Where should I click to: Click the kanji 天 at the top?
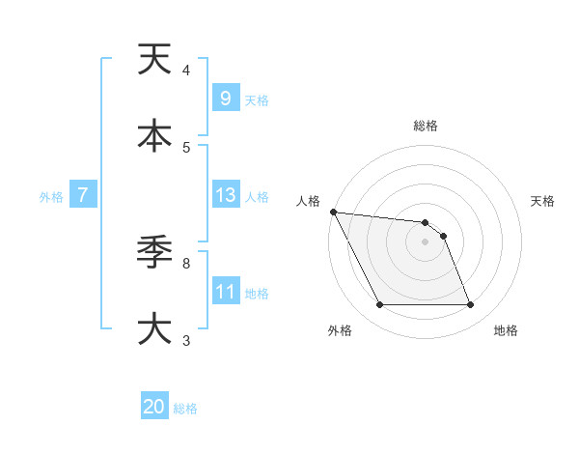(154, 60)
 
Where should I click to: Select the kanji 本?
(154, 135)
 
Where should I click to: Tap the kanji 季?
(154, 253)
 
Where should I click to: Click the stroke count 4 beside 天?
(186, 71)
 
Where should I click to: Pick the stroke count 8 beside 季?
(186, 263)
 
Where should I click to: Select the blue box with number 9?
(225, 98)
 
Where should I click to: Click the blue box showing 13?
(226, 195)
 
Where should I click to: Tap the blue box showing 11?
(226, 291)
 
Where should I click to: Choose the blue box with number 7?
(83, 195)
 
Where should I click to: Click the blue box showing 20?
(154, 407)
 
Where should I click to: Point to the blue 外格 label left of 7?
(51, 197)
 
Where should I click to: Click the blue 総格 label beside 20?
(185, 409)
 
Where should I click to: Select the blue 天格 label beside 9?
(257, 99)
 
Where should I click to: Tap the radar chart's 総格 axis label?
(426, 126)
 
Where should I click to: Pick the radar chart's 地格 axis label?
(506, 331)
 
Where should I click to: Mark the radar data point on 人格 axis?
(333, 212)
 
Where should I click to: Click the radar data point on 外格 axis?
(379, 305)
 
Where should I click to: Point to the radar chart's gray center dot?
(425, 241)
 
